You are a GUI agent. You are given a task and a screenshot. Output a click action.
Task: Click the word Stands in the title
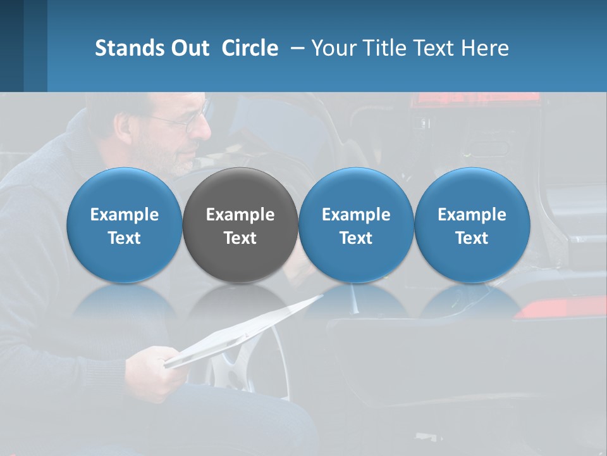128,48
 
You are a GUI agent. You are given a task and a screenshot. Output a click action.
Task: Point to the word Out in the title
188,48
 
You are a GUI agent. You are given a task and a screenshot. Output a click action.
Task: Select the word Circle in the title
250,48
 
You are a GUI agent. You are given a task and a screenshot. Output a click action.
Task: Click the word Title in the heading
388,48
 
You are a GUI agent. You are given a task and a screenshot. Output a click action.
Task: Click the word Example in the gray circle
240,215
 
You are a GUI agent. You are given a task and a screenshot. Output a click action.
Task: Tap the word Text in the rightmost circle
472,238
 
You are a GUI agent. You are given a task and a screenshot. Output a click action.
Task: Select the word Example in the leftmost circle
124,215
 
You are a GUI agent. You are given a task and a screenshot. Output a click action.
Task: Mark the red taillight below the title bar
474,100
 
